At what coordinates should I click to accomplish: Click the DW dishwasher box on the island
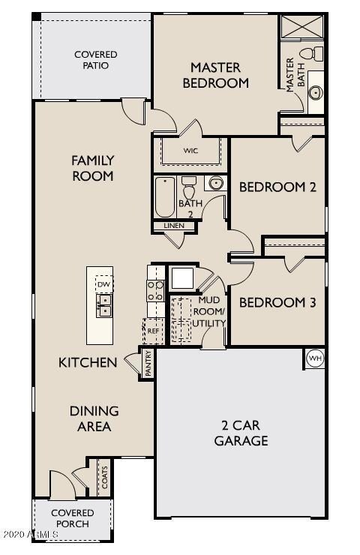tap(103, 285)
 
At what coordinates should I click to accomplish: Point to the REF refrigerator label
tap(153, 331)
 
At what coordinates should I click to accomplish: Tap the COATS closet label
tap(103, 478)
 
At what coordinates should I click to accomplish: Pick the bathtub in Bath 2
tap(165, 196)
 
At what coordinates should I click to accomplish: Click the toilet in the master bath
tap(309, 53)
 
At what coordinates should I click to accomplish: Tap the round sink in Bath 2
tap(216, 183)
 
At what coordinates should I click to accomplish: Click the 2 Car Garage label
tap(241, 433)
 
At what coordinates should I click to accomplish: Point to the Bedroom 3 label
tap(277, 303)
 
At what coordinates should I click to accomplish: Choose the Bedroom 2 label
tap(277, 187)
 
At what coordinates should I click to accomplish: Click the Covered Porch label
tap(73, 518)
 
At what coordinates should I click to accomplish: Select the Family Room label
tap(92, 168)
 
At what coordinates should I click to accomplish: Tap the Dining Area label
tap(94, 418)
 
